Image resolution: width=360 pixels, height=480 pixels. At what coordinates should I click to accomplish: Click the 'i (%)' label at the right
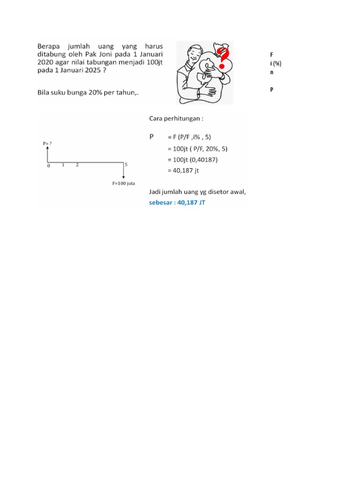[275, 64]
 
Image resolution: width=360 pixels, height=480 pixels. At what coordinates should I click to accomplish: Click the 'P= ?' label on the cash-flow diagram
[47, 143]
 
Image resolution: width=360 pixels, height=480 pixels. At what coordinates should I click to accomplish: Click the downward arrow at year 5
[124, 171]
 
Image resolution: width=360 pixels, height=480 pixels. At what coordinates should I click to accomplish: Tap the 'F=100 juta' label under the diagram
[123, 183]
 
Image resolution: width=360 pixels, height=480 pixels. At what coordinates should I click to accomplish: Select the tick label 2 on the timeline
[77, 165]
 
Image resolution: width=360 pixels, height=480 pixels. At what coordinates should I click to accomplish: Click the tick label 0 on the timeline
[49, 165]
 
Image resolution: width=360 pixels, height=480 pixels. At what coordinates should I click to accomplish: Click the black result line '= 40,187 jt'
[183, 171]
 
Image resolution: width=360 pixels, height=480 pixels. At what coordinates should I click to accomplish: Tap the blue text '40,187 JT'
[191, 203]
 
